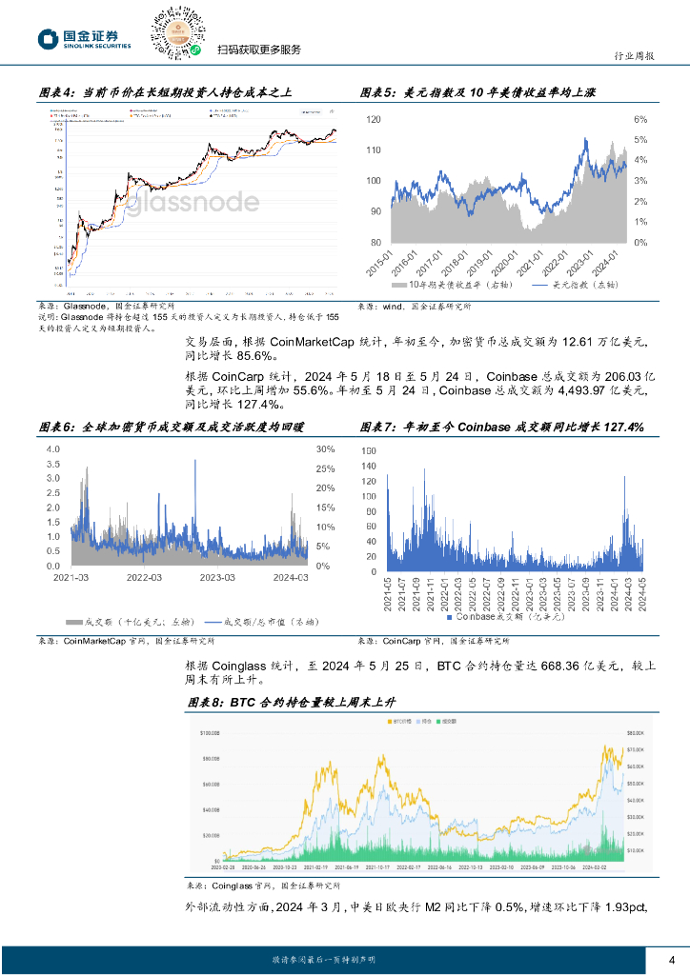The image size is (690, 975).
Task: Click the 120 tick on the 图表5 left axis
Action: [x=374, y=120]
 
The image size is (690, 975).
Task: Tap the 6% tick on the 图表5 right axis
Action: [x=641, y=120]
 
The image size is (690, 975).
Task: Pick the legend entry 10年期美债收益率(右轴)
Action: [x=448, y=285]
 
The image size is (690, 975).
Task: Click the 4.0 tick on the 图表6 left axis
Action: [x=53, y=448]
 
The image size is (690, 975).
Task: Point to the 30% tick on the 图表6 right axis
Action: [x=325, y=448]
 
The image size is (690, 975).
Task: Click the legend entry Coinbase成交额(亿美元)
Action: [x=504, y=616]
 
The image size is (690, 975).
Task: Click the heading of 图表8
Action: [x=291, y=702]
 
